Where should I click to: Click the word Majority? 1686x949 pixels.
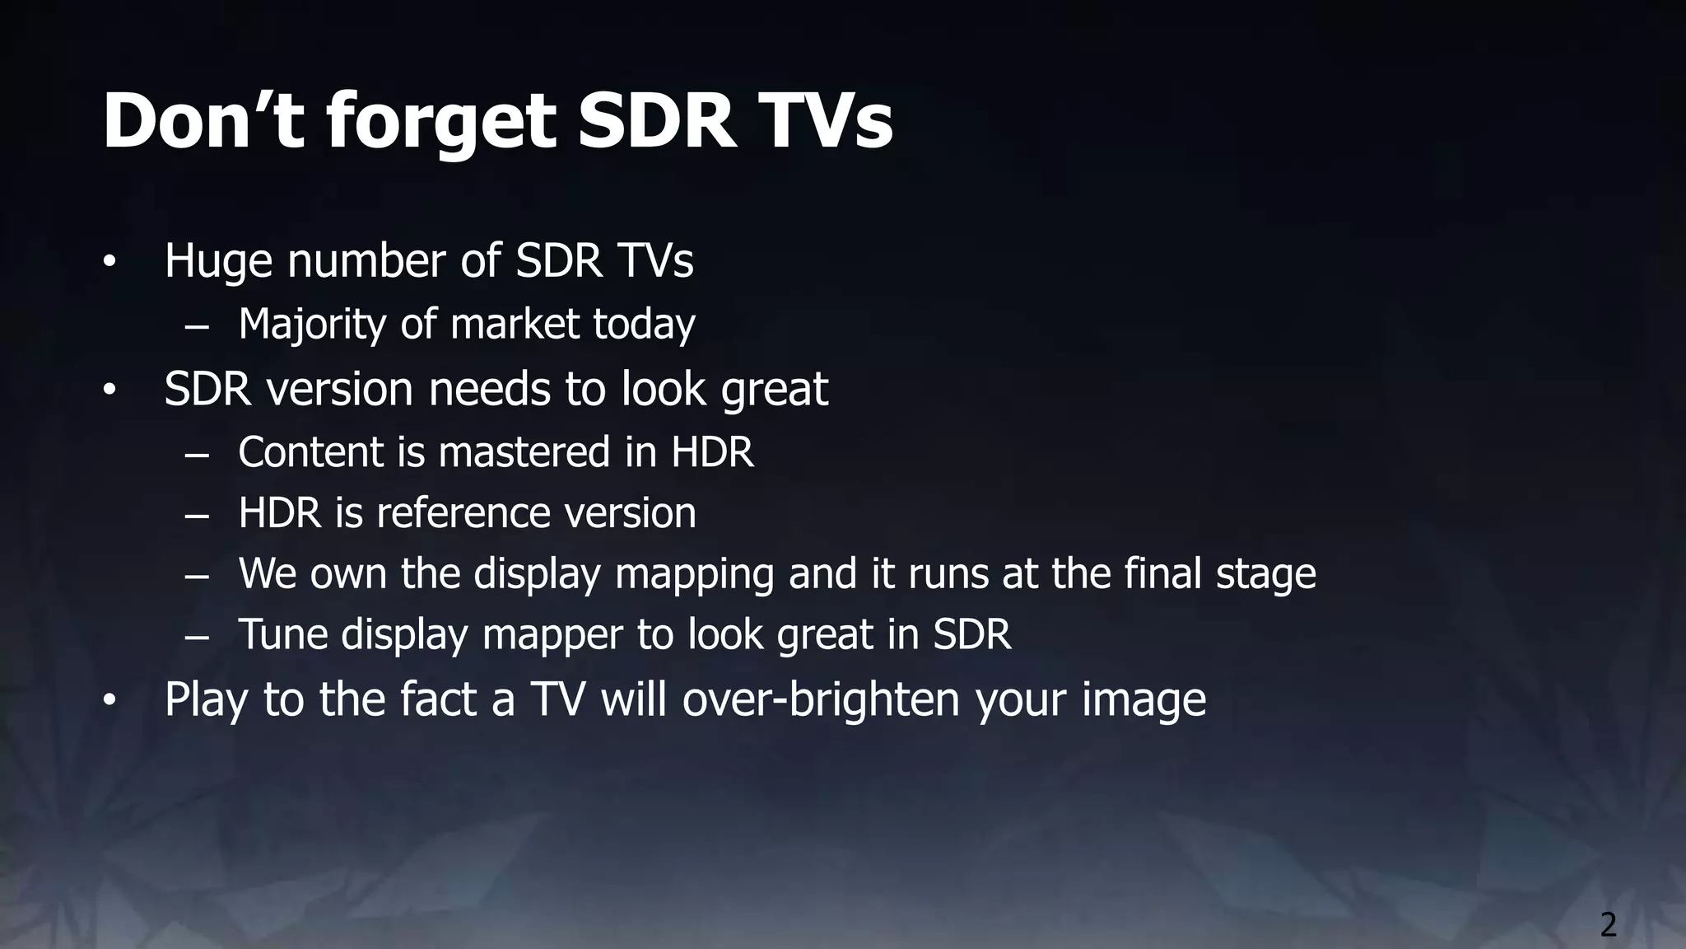coord(312,324)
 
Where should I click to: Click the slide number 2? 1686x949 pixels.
coord(1608,925)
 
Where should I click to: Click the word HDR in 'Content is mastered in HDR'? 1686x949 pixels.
coord(712,452)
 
